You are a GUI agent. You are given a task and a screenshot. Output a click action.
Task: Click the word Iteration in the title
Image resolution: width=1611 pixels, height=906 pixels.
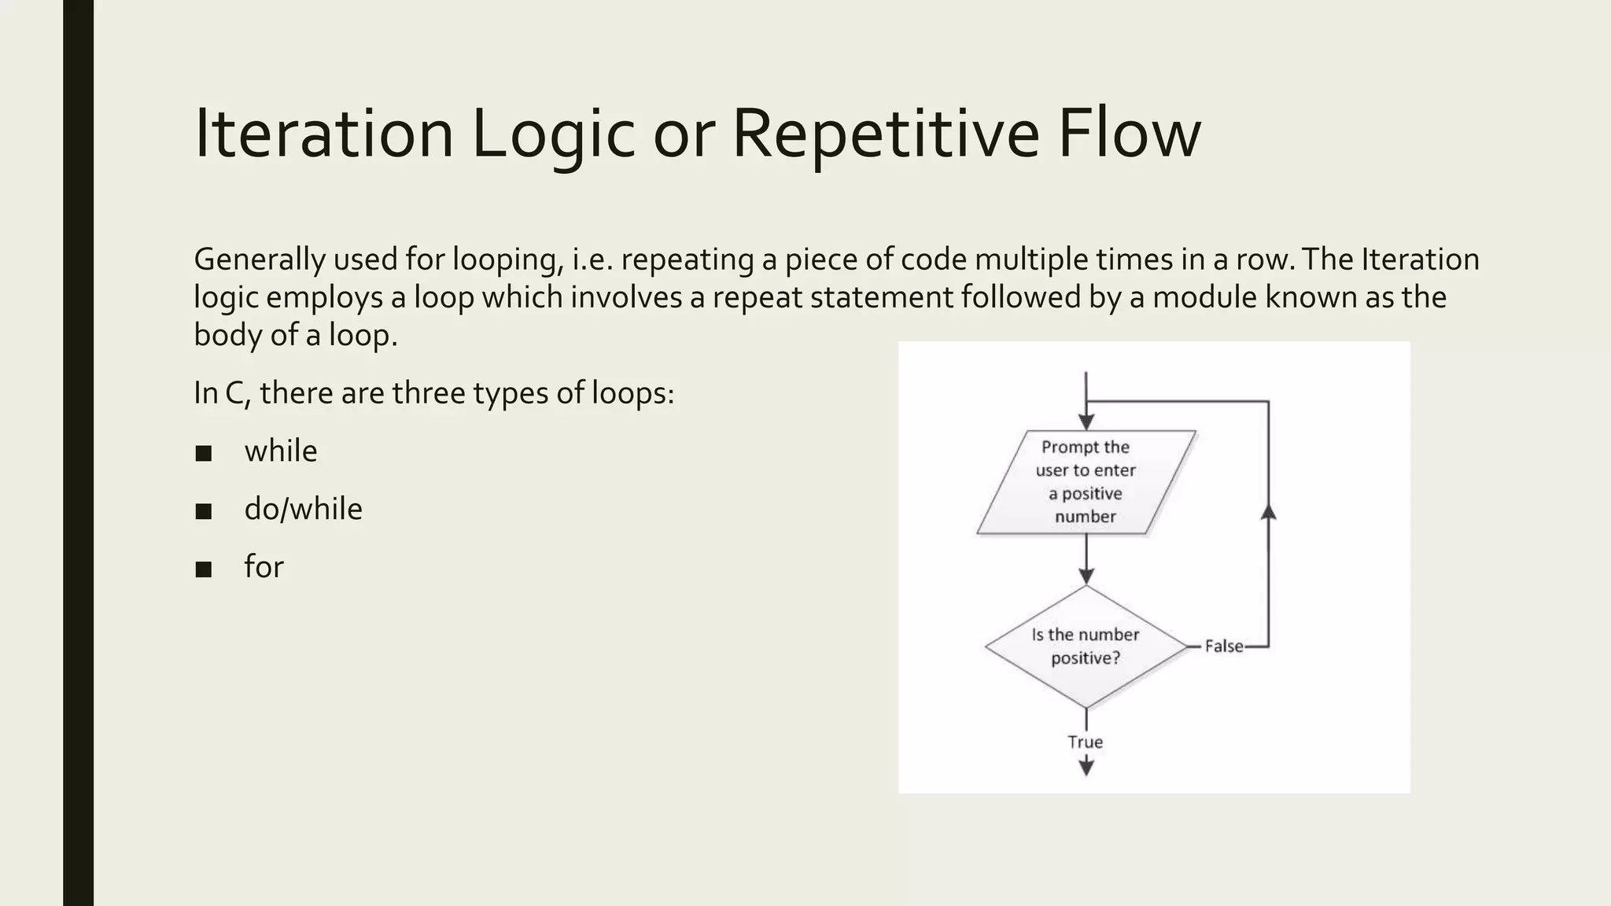pyautogui.click(x=323, y=134)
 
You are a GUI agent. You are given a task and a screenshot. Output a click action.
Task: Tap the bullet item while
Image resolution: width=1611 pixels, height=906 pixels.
pyautogui.click(x=281, y=451)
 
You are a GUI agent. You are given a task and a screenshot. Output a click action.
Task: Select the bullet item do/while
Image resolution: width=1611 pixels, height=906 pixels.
pyautogui.click(x=303, y=509)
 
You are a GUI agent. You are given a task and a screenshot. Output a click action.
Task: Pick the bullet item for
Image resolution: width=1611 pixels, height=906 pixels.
pyautogui.click(x=264, y=566)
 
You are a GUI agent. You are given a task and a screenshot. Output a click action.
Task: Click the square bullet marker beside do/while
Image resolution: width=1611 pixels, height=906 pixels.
pyautogui.click(x=204, y=511)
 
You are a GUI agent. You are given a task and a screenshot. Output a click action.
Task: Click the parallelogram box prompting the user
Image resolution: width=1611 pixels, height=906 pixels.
pyautogui.click(x=1086, y=482)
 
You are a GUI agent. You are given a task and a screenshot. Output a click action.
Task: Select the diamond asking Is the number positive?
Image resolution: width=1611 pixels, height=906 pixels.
pyautogui.click(x=1086, y=646)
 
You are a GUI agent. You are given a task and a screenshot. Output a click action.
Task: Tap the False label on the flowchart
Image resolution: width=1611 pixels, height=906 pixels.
pyautogui.click(x=1224, y=646)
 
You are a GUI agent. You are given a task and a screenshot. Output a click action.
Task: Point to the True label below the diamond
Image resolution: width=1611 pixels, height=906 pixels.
pyautogui.click(x=1086, y=742)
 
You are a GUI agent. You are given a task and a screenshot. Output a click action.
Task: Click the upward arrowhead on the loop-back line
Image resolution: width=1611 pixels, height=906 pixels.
pyautogui.click(x=1268, y=512)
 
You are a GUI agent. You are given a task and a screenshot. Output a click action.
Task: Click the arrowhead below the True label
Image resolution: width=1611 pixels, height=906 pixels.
pyautogui.click(x=1086, y=767)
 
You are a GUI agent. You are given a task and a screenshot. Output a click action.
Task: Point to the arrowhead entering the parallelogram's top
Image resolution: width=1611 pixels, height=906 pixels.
pyautogui.click(x=1086, y=422)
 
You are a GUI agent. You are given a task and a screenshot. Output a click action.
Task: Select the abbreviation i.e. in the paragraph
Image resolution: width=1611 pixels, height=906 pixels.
pyautogui.click(x=592, y=260)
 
